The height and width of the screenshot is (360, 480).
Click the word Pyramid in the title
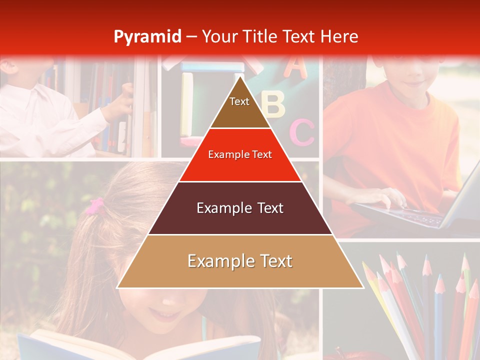click(147, 37)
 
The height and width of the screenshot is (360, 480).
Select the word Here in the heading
click(339, 36)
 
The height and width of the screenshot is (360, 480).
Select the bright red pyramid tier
click(240, 155)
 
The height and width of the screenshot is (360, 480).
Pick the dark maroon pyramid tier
click(240, 208)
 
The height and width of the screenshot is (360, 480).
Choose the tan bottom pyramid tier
click(240, 261)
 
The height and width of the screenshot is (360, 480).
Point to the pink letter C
click(302, 132)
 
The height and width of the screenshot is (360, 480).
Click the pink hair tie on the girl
click(95, 206)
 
